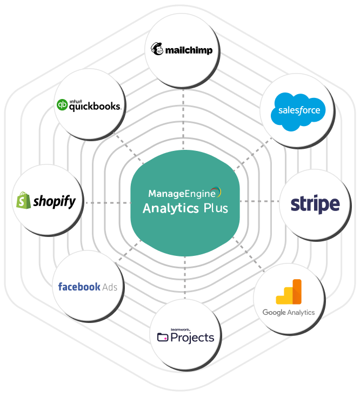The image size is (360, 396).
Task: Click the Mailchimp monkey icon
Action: click(x=158, y=49)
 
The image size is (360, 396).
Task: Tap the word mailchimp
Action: click(x=189, y=51)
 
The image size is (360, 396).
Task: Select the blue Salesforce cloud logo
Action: click(x=299, y=111)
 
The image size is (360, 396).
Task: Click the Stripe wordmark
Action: click(x=315, y=204)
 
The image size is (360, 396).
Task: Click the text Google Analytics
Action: click(x=288, y=312)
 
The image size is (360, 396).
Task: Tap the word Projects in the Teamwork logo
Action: click(x=192, y=338)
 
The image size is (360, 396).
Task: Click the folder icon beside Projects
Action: click(x=162, y=337)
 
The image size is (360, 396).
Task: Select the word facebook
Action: click(x=79, y=287)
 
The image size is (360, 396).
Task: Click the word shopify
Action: click(x=54, y=202)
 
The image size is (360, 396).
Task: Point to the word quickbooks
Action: click(x=94, y=106)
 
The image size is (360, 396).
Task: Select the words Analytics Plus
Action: click(x=185, y=209)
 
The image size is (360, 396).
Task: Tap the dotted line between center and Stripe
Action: click(x=259, y=202)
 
